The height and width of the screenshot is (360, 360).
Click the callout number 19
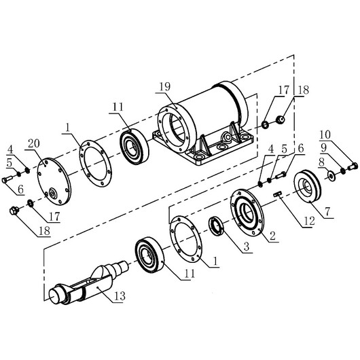[x=164, y=87]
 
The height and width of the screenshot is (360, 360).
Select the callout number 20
[x=34, y=143]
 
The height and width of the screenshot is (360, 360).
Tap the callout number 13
[x=120, y=296]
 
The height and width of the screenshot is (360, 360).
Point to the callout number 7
[x=327, y=211]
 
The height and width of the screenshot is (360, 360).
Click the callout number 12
[x=309, y=221]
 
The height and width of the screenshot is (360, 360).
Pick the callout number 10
[x=325, y=135]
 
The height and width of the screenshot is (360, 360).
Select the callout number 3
[x=246, y=247]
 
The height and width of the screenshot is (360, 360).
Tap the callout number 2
[x=272, y=235]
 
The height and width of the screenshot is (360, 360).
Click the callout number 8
[x=321, y=162]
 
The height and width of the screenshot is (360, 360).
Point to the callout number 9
[x=323, y=148]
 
